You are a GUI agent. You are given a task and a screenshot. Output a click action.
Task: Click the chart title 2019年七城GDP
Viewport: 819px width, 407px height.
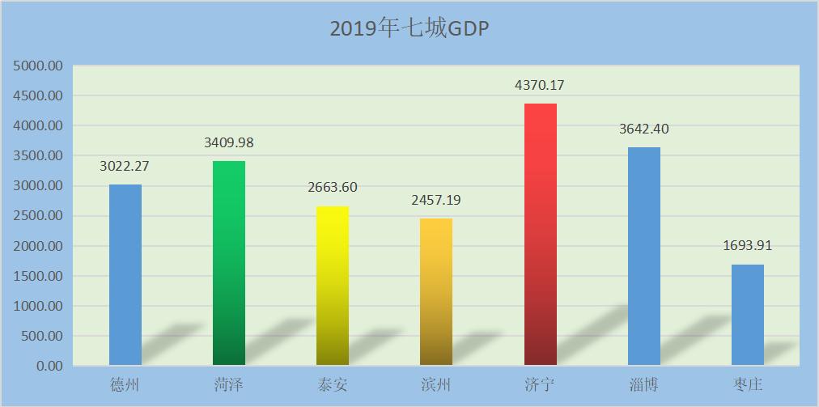(x=409, y=28)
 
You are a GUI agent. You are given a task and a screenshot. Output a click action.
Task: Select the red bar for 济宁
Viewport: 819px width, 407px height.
(x=541, y=235)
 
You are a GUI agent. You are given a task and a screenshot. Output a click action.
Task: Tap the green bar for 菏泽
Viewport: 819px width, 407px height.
(x=229, y=263)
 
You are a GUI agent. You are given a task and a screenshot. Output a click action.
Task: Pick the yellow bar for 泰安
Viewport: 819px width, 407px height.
(x=333, y=286)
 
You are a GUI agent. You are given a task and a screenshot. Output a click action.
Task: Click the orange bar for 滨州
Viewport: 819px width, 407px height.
(x=436, y=291)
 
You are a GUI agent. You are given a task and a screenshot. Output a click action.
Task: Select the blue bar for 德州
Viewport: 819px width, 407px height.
(x=125, y=275)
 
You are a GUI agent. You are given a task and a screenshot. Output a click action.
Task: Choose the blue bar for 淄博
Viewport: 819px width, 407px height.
(x=644, y=256)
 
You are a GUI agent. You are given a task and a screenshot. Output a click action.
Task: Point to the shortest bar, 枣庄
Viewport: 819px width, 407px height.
(x=748, y=315)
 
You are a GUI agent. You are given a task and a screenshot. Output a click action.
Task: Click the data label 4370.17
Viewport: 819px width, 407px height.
(x=540, y=85)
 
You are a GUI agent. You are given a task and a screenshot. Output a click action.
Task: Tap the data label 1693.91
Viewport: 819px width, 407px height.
(x=748, y=245)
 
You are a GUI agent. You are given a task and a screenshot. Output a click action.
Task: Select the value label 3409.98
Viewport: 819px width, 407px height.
(x=229, y=142)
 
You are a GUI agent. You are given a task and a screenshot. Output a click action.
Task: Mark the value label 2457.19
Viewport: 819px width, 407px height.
(x=436, y=200)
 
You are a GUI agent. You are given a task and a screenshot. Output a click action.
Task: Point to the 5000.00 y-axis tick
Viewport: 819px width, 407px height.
(x=39, y=66)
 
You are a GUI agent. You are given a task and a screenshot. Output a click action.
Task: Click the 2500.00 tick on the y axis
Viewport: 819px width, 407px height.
(x=39, y=216)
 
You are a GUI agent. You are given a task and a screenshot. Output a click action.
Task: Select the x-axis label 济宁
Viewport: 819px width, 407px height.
(x=540, y=384)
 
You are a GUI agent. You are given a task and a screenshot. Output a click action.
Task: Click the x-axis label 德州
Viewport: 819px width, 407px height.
(x=125, y=384)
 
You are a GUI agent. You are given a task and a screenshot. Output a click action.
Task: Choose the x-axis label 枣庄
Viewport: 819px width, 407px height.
(x=748, y=384)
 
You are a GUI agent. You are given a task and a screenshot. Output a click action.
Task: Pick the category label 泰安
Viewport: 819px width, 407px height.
(x=333, y=384)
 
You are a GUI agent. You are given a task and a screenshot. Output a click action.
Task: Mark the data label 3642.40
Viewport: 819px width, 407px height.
(x=644, y=129)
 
